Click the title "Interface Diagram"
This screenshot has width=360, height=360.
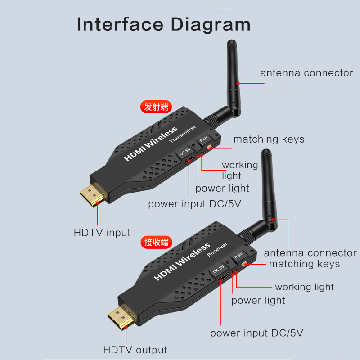click(163, 24)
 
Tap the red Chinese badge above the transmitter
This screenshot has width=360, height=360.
click(156, 107)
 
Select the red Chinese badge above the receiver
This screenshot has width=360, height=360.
click(156, 242)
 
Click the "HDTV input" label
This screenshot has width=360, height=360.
click(102, 233)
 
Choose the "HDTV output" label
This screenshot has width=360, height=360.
click(135, 350)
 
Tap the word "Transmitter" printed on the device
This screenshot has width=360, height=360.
click(183, 135)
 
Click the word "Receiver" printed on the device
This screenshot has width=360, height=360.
click(217, 249)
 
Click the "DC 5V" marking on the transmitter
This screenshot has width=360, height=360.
click(184, 151)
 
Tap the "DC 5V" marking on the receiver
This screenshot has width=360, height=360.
click(218, 270)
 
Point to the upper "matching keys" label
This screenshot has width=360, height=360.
click(269, 139)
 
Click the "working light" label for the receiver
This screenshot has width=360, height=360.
click(304, 287)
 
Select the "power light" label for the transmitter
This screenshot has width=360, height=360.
click(222, 188)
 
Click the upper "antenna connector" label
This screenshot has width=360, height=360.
click(306, 73)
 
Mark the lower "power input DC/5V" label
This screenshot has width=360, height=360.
click(256, 333)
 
